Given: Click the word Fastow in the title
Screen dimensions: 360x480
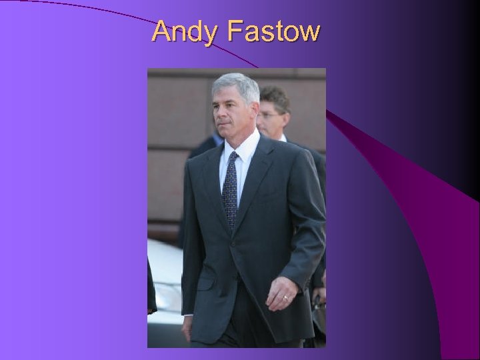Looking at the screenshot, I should point(273,31).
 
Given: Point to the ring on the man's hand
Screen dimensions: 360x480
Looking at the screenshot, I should point(285,297).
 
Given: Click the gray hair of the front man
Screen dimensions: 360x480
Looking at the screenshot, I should point(235,86).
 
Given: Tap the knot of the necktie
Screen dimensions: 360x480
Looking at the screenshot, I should point(231,159).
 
